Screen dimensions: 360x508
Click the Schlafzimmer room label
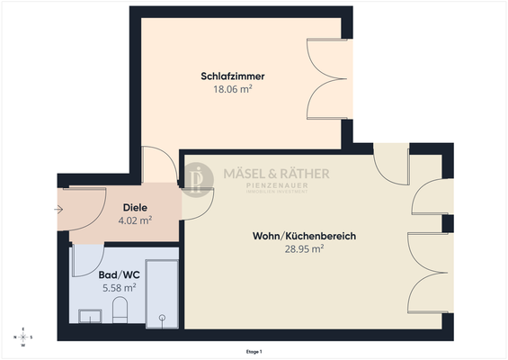point(232,76)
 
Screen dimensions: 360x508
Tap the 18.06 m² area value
point(232,90)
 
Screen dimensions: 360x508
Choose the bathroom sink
point(91,316)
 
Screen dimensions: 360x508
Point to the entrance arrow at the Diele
point(58,210)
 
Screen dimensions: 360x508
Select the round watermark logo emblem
point(199,178)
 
